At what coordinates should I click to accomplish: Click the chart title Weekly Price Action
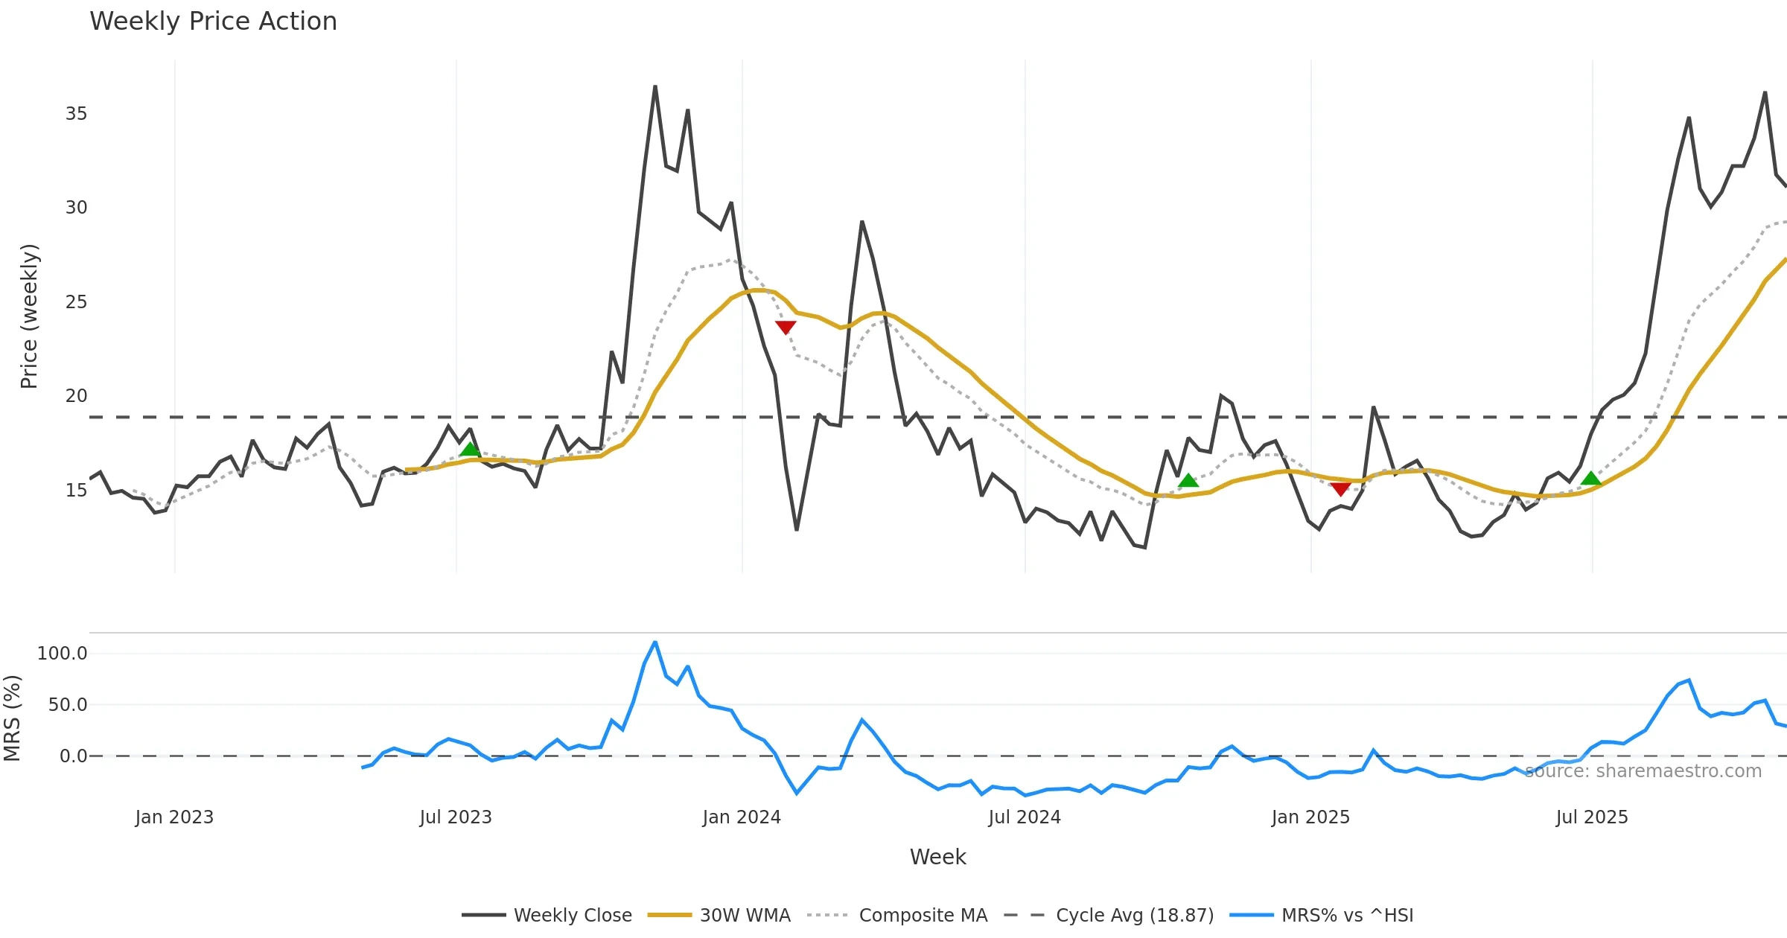click(x=213, y=22)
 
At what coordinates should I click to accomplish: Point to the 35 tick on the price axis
click(x=76, y=114)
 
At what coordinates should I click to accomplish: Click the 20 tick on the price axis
click(x=76, y=396)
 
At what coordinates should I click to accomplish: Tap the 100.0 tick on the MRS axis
click(x=63, y=654)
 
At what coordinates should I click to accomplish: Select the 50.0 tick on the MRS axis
click(x=67, y=705)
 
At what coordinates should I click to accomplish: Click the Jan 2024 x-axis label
click(x=742, y=817)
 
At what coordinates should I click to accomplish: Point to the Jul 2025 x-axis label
click(x=1592, y=817)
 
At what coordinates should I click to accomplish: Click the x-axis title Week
click(x=937, y=857)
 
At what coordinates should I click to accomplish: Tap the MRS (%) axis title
click(x=12, y=718)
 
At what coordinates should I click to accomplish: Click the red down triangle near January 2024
click(x=786, y=327)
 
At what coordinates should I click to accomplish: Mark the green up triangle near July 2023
click(x=470, y=449)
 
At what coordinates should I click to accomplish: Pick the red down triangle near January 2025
click(x=1340, y=488)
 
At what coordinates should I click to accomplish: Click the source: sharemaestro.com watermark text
click(x=1643, y=771)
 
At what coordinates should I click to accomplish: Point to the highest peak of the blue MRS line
click(x=655, y=642)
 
